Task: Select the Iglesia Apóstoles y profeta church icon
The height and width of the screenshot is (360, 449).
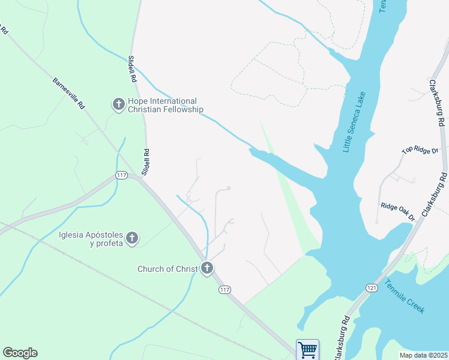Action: pos(132,239)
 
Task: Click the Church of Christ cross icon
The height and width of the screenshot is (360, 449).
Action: pos(207,268)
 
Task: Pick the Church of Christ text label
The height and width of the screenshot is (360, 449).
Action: pos(167,269)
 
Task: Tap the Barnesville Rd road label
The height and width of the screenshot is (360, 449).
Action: pos(69,93)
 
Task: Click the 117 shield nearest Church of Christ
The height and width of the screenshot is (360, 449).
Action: pos(224,290)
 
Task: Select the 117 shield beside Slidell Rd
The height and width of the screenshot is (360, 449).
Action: pos(121,175)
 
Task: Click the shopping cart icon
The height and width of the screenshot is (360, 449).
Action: pos(307,349)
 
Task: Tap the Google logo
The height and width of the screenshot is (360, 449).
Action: pos(20,353)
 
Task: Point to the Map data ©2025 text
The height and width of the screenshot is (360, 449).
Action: pos(423,355)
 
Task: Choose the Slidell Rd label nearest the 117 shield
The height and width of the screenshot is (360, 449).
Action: pos(145,162)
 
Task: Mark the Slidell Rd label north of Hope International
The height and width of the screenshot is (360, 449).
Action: pos(132,69)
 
